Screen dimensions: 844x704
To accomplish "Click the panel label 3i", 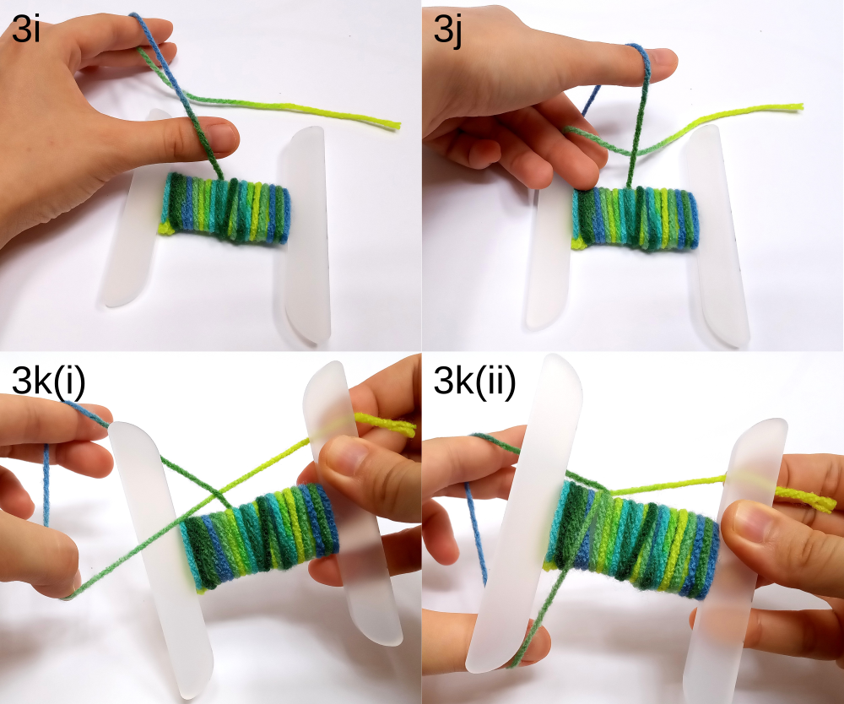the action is pos(25,29).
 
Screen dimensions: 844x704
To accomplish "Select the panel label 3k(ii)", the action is pos(474,382).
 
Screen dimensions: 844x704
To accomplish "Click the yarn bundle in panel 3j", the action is pos(636,218).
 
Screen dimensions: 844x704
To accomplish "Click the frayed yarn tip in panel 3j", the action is pos(799,106).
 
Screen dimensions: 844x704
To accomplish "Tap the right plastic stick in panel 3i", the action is pos(305,234).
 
